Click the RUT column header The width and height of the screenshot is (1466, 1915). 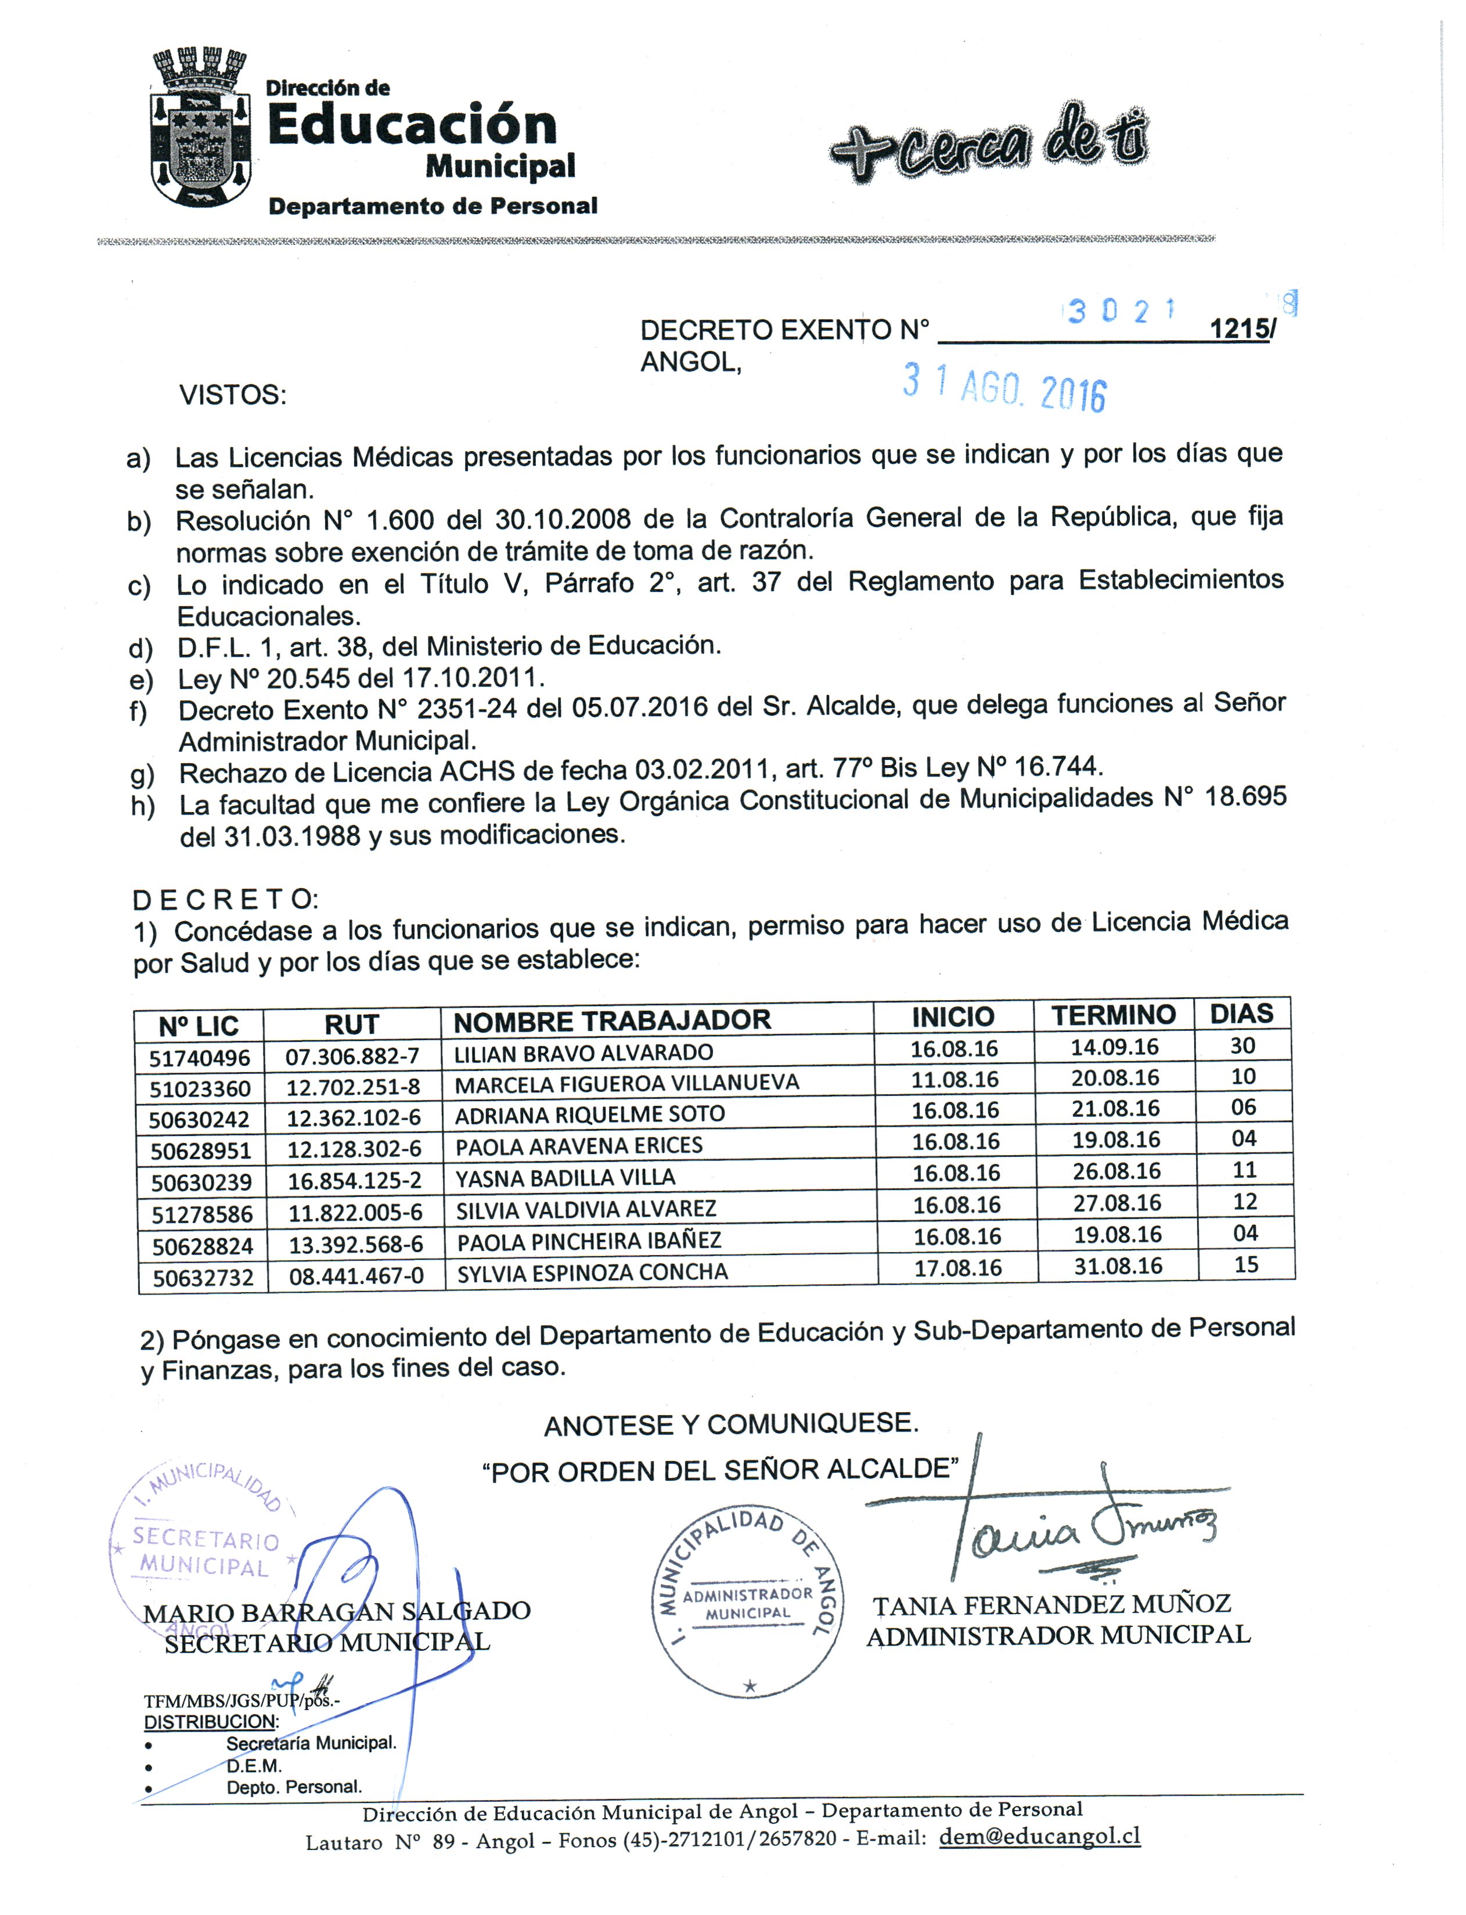tap(352, 1024)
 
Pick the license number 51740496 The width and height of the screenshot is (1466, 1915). tap(200, 1058)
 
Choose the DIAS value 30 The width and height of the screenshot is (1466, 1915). tap(1242, 1045)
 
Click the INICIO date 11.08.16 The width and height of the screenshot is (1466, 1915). tap(954, 1079)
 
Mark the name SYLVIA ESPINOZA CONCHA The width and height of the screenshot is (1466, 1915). tap(593, 1272)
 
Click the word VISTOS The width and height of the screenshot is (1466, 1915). tap(233, 395)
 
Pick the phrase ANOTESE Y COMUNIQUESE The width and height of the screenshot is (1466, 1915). tap(731, 1424)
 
